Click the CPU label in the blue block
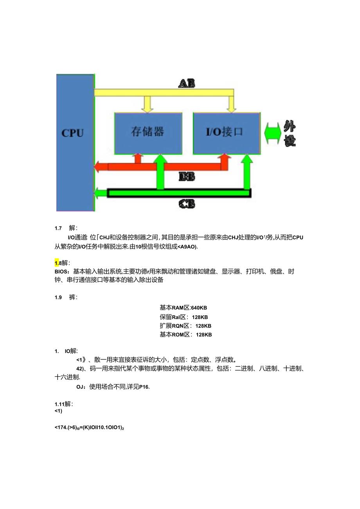(73, 133)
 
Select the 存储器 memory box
(148, 133)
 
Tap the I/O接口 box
(227, 133)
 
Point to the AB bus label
(187, 83)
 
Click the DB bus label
(187, 177)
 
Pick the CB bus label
(187, 204)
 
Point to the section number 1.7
(58, 228)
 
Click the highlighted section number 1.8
(57, 263)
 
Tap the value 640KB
(199, 308)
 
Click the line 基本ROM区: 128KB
(185, 335)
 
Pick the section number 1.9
(58, 297)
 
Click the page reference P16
(144, 387)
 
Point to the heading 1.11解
(63, 404)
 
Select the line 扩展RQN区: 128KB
(185, 326)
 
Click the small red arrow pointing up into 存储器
(137, 158)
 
